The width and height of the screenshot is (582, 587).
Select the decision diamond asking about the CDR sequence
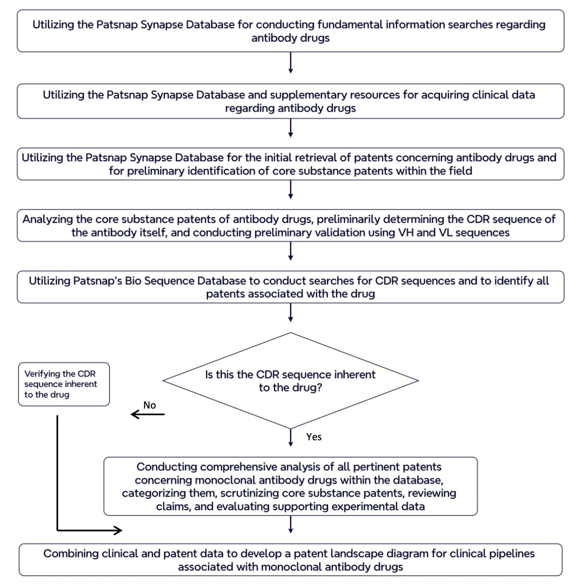(x=291, y=381)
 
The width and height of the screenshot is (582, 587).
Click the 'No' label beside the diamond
(x=150, y=405)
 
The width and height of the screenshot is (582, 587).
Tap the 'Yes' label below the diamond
(x=314, y=437)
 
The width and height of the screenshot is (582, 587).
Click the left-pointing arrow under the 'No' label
(x=148, y=414)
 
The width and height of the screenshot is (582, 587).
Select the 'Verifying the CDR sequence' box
(x=64, y=384)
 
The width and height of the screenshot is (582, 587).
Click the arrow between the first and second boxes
(x=291, y=63)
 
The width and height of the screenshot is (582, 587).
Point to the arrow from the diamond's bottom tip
(x=291, y=438)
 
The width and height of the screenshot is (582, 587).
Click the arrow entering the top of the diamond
(x=291, y=313)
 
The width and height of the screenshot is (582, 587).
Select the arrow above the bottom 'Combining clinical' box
(x=291, y=524)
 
